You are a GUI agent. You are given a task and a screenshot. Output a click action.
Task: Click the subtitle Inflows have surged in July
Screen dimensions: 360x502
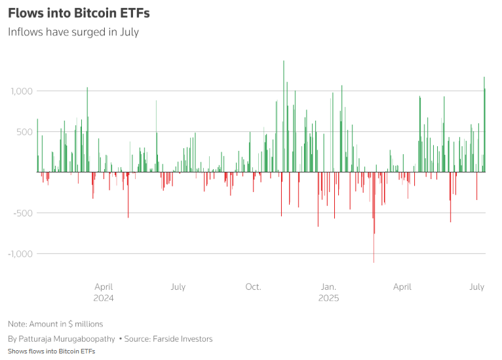click(x=73, y=31)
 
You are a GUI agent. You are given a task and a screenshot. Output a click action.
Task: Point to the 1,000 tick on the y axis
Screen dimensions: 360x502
click(x=20, y=90)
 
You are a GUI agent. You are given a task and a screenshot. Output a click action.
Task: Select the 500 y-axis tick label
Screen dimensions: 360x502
click(x=24, y=132)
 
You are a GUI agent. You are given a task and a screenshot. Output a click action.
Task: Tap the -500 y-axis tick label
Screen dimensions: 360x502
click(x=22, y=213)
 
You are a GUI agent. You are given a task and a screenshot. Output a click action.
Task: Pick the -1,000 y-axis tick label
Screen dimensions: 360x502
click(x=19, y=254)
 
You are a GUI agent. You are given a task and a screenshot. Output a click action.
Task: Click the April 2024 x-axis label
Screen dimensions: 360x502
click(x=104, y=292)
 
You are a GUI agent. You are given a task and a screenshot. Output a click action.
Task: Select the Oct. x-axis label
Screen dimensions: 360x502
click(x=253, y=287)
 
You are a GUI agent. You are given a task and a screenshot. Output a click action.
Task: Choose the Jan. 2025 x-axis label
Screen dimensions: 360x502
click(x=328, y=292)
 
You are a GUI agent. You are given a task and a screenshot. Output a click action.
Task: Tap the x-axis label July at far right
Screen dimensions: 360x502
click(x=476, y=287)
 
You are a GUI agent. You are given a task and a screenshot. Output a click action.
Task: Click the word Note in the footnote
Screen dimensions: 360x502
click(x=16, y=324)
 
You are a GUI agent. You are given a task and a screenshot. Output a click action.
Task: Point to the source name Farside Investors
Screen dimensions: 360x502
click(x=185, y=339)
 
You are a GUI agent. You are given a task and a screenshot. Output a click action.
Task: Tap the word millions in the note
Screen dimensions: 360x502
click(x=87, y=324)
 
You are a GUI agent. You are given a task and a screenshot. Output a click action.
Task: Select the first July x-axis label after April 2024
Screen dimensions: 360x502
click(x=178, y=287)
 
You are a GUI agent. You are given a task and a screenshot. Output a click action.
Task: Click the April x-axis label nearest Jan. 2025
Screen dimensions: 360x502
click(x=402, y=287)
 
